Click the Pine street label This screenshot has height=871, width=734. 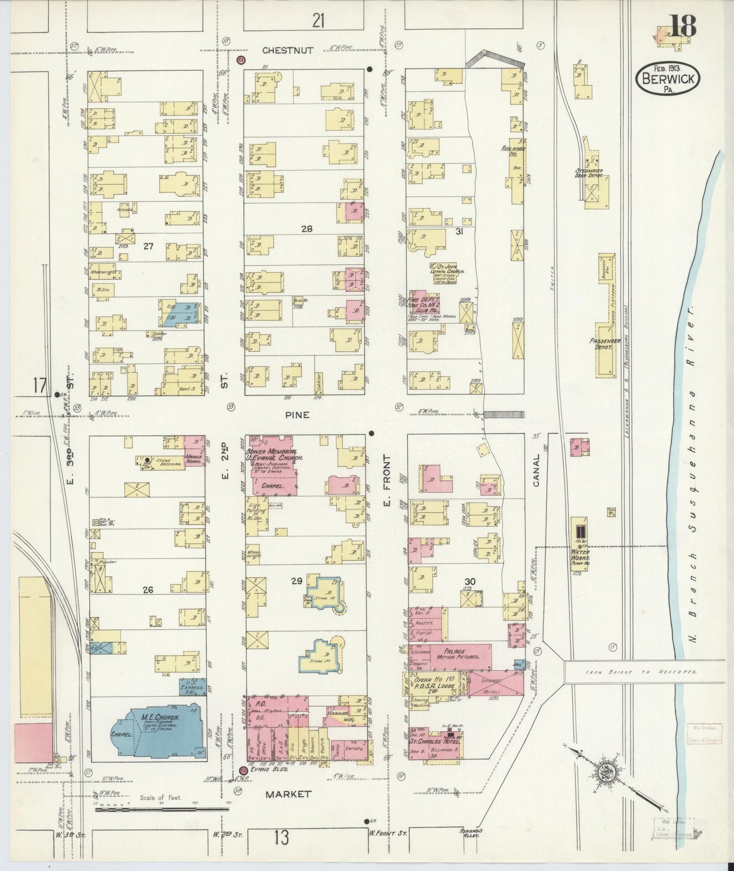pos(297,415)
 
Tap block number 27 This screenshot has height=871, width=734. pos(148,246)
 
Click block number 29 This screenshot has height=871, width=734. pos(297,580)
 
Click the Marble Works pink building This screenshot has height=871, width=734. pos(194,449)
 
